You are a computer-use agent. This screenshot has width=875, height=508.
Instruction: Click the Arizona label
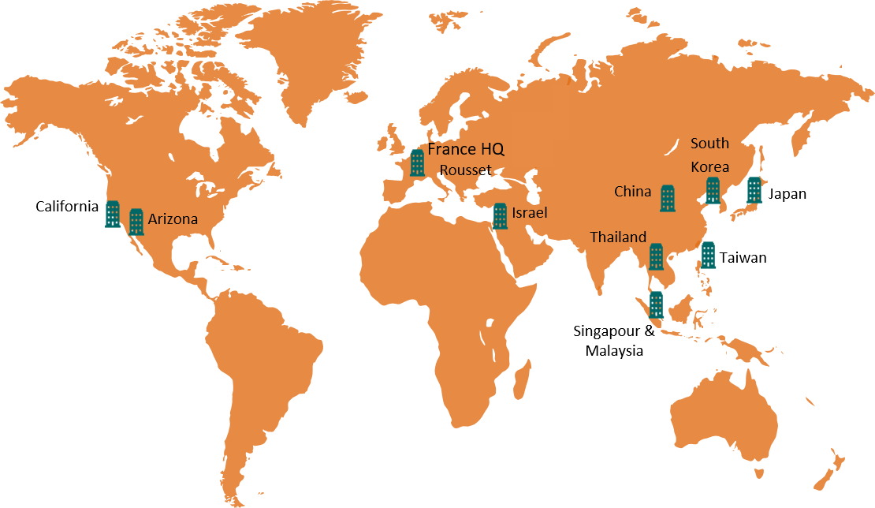(173, 219)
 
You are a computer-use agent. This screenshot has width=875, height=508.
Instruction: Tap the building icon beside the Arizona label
(136, 222)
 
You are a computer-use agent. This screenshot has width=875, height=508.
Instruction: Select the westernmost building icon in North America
(113, 214)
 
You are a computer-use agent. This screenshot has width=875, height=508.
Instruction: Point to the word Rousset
(465, 170)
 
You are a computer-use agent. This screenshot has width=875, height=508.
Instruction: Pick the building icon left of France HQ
(417, 163)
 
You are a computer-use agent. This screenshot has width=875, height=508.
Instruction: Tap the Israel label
(529, 213)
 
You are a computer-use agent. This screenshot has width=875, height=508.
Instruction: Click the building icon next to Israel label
(500, 216)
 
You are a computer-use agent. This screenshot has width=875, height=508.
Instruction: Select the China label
(632, 192)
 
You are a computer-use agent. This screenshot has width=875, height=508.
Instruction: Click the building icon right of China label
(668, 198)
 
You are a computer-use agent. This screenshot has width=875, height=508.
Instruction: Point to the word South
(709, 144)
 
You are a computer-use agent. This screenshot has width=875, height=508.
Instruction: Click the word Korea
(709, 167)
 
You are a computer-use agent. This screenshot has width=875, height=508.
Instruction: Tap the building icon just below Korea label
(713, 190)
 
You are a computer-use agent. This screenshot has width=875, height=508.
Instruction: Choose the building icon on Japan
(754, 189)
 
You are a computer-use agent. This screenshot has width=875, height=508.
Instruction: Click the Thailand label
(618, 237)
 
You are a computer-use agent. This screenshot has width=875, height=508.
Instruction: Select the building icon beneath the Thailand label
(656, 256)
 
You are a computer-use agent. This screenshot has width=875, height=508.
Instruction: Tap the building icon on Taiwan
(709, 255)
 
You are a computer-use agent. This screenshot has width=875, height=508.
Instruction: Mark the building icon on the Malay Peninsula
(656, 304)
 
